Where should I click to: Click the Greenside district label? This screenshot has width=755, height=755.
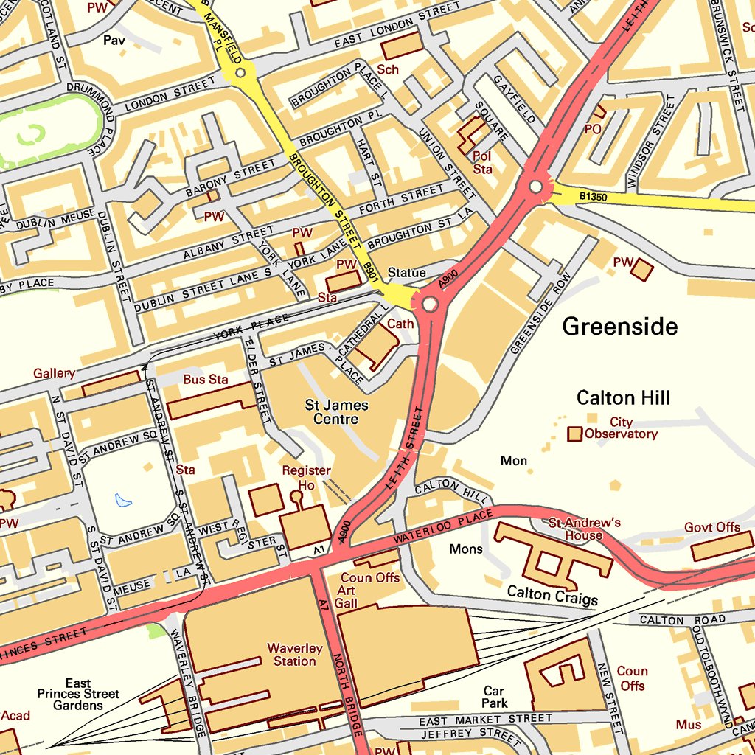619,326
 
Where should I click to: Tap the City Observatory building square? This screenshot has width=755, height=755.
574,434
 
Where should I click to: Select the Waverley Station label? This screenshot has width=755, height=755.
295,655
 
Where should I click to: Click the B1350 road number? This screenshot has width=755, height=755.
593,197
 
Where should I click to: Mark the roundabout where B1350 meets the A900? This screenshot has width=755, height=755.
536,187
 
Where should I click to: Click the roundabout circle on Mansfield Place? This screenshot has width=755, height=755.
240,72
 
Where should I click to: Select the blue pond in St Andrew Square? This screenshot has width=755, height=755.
124,501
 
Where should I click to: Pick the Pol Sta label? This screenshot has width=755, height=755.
482,162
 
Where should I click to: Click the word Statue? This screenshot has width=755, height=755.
406,273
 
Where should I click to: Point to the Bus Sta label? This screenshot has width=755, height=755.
206,380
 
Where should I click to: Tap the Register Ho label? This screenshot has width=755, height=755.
306,478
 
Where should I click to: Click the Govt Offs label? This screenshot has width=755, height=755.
711,527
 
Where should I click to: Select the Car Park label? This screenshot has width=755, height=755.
494,697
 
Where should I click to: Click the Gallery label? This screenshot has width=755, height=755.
54,374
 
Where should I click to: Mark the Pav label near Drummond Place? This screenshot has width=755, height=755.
114,41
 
